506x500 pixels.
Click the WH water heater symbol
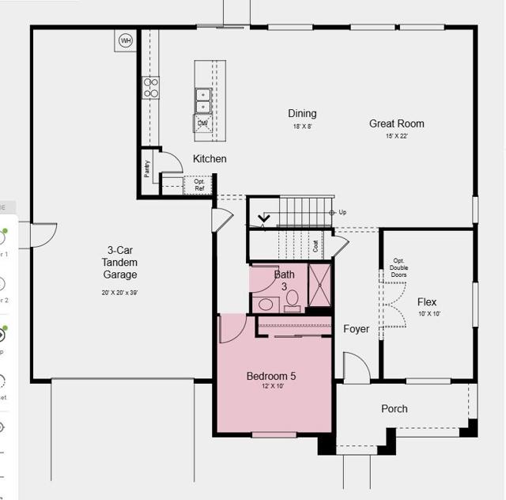(x=125, y=40)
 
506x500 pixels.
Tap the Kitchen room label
(x=210, y=159)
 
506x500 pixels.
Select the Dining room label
(x=302, y=114)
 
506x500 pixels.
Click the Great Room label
(x=396, y=123)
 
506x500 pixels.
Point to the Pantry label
(x=147, y=170)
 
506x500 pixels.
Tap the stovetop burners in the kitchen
(x=150, y=88)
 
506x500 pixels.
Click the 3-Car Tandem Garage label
(x=119, y=262)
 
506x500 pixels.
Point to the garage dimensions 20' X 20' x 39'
(x=119, y=293)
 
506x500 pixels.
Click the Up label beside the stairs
(x=342, y=213)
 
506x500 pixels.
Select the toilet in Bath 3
(x=292, y=299)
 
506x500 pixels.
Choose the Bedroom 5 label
(x=271, y=376)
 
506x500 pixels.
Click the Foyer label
(x=356, y=329)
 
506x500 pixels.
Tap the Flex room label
(x=427, y=302)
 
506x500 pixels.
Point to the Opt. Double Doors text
(x=399, y=268)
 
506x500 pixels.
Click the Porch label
(x=395, y=409)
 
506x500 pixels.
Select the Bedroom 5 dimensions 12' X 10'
(x=271, y=388)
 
